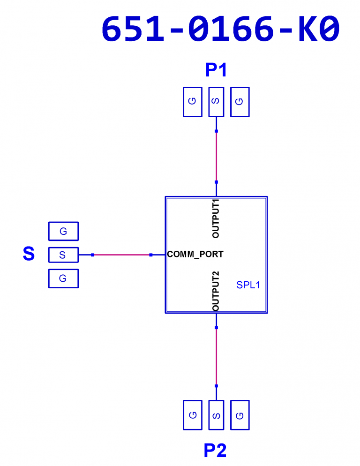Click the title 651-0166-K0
[220, 29]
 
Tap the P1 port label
[216, 70]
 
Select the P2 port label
[215, 450]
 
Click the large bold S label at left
[29, 254]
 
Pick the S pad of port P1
[216, 102]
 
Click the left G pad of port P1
[193, 102]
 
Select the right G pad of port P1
[240, 102]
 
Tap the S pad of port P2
[216, 415]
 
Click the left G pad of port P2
[193, 415]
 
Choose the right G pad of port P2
[240, 415]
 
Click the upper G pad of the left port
[63, 231]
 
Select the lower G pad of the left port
[63, 278]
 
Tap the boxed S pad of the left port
[63, 255]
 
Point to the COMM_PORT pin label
[195, 255]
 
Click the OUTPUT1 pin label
[216, 219]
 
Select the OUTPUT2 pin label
[216, 291]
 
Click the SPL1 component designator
[248, 285]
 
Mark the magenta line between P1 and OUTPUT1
[216, 157]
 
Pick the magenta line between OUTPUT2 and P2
[216, 357]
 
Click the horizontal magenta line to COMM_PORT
[121, 255]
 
